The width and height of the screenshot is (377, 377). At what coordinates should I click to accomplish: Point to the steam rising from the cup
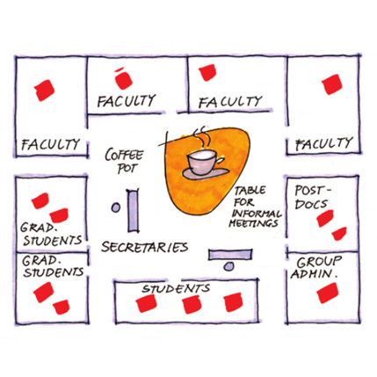pos(202,138)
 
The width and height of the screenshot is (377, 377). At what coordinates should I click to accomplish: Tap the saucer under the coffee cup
pos(205,173)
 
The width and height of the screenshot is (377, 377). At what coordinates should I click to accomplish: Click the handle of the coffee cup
pos(220,161)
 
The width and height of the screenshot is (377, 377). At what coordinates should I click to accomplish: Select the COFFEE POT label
pos(124,161)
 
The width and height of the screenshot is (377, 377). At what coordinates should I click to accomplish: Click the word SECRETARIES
pos(145,247)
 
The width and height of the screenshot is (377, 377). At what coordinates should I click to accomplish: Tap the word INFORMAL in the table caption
pos(257,213)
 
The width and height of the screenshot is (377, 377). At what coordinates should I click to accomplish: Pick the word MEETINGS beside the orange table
pos(253,223)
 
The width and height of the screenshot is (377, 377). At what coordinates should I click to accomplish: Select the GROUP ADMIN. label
pos(315,268)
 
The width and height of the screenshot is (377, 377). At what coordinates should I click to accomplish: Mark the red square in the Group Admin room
pos(328,293)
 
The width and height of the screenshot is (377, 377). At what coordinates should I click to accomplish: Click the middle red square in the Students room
pos(192,305)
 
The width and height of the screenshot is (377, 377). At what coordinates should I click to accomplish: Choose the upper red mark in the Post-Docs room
pos(325,218)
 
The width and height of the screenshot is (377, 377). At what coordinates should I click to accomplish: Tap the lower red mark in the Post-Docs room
pos(339,234)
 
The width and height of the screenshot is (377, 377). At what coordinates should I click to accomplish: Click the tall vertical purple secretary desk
pos(133,211)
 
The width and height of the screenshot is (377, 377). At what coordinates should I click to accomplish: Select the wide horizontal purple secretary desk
pos(230,255)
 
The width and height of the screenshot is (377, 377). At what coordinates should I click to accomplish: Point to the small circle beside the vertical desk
pos(116,207)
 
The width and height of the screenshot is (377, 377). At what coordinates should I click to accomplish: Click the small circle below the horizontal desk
pos(228,266)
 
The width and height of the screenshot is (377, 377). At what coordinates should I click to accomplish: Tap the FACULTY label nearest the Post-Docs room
pos(323,143)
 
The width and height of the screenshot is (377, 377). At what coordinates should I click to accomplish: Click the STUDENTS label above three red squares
pos(176,288)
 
